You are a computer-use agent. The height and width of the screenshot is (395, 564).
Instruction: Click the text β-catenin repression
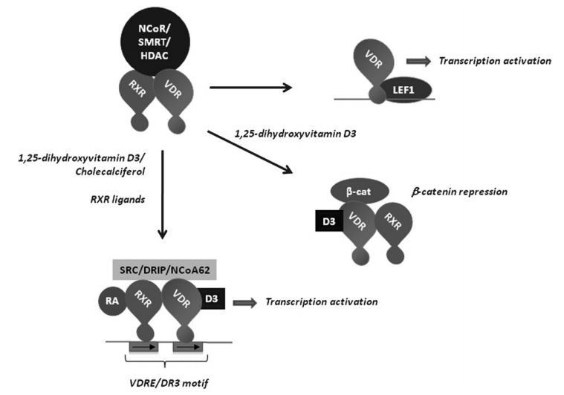[x=458, y=192]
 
